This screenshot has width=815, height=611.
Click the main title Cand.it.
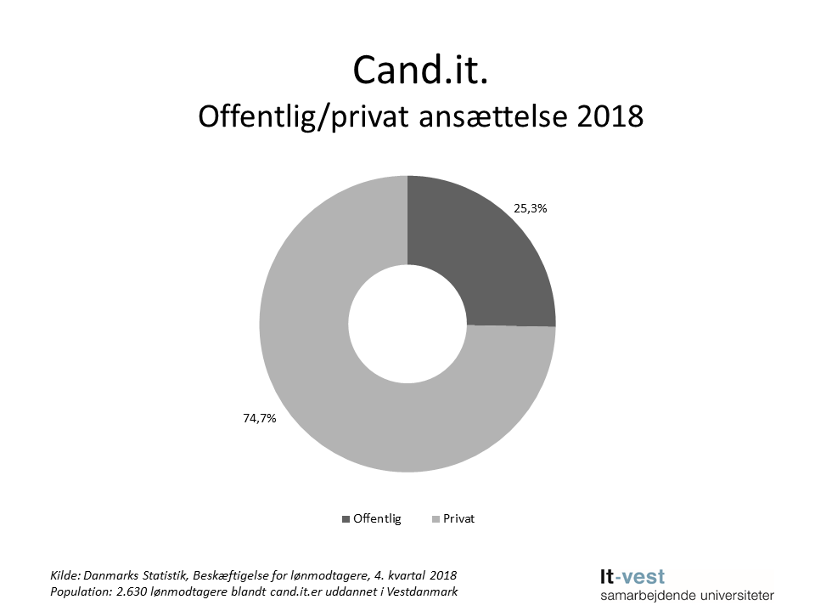click(x=420, y=71)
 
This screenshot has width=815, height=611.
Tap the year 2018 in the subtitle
click(x=610, y=118)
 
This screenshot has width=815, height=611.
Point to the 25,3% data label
click(x=531, y=206)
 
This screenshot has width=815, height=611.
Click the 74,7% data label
click(x=260, y=418)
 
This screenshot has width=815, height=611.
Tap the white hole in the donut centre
click(x=407, y=324)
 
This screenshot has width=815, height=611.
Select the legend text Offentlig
click(x=377, y=518)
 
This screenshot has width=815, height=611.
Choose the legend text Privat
click(x=460, y=518)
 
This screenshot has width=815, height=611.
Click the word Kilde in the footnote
click(x=65, y=575)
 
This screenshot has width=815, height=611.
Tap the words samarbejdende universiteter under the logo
click(x=686, y=596)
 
